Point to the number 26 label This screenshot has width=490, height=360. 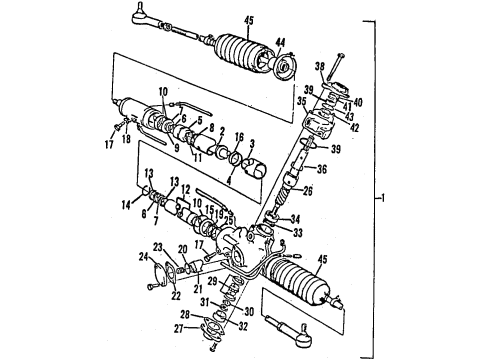[x=309, y=192]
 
